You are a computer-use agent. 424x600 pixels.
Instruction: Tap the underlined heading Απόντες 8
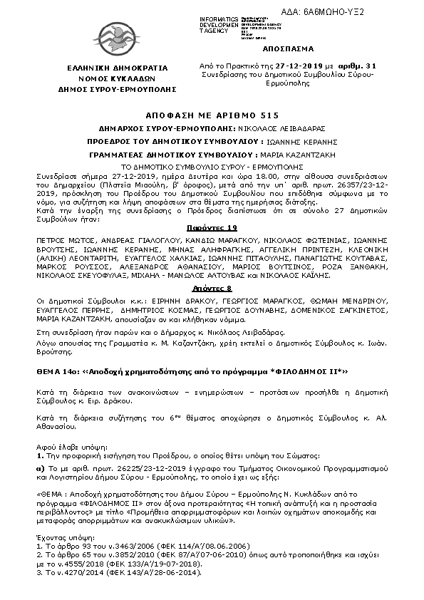[212, 288]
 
